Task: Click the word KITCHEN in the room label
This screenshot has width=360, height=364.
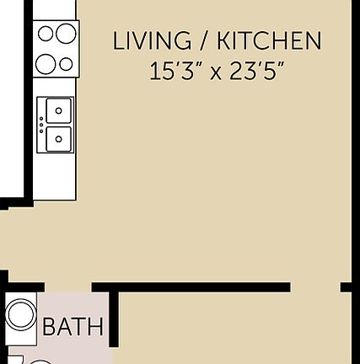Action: click(x=269, y=40)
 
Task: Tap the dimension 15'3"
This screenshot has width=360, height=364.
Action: click(x=175, y=71)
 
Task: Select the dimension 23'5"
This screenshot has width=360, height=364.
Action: click(x=255, y=71)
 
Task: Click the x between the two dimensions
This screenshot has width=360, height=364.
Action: click(x=216, y=72)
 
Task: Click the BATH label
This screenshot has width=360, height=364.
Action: click(x=73, y=326)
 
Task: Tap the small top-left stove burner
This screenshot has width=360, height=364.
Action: click(x=46, y=34)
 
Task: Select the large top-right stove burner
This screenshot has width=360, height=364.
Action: click(x=65, y=34)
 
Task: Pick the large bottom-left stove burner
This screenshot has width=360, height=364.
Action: click(x=46, y=63)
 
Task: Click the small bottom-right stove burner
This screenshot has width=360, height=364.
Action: click(x=66, y=64)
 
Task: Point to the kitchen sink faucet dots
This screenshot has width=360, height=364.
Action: click(x=40, y=124)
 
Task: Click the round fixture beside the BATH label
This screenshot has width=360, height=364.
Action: click(x=20, y=317)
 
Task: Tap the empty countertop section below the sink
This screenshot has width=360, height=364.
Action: click(x=56, y=179)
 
